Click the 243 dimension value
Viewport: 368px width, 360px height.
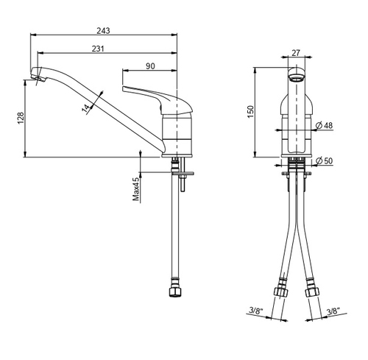[103, 31]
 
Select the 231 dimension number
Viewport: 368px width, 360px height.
[98, 49]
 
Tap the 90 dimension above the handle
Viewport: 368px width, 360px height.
[150, 66]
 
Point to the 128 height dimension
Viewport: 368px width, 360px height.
[21, 118]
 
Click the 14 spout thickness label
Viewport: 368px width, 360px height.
[86, 109]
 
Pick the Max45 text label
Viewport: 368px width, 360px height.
[136, 189]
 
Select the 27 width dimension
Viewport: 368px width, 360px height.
[296, 52]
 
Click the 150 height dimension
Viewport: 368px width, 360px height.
[250, 112]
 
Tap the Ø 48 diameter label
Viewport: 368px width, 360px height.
[325, 125]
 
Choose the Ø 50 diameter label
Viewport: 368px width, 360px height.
[325, 160]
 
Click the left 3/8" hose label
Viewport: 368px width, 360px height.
[256, 311]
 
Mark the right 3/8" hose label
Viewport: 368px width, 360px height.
[333, 311]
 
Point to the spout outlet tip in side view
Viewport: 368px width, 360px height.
[39, 79]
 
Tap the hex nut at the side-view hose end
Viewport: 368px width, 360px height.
[175, 292]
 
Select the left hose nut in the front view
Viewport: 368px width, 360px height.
[280, 292]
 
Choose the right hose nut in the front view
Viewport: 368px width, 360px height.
[312, 292]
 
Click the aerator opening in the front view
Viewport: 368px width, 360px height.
[296, 79]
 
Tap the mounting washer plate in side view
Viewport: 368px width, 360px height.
[183, 174]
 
